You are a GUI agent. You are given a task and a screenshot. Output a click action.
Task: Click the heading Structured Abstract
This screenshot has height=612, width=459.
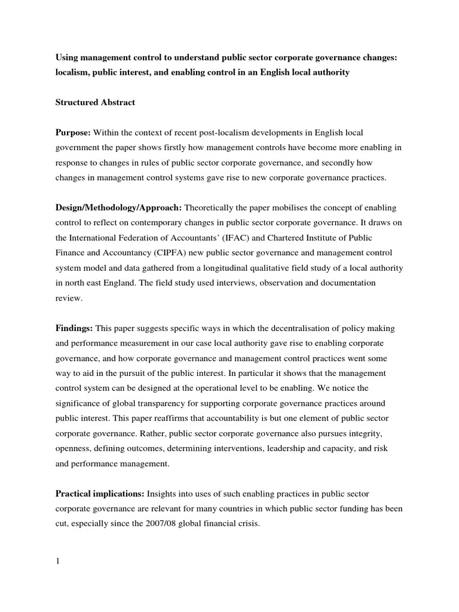[x=96, y=102]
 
